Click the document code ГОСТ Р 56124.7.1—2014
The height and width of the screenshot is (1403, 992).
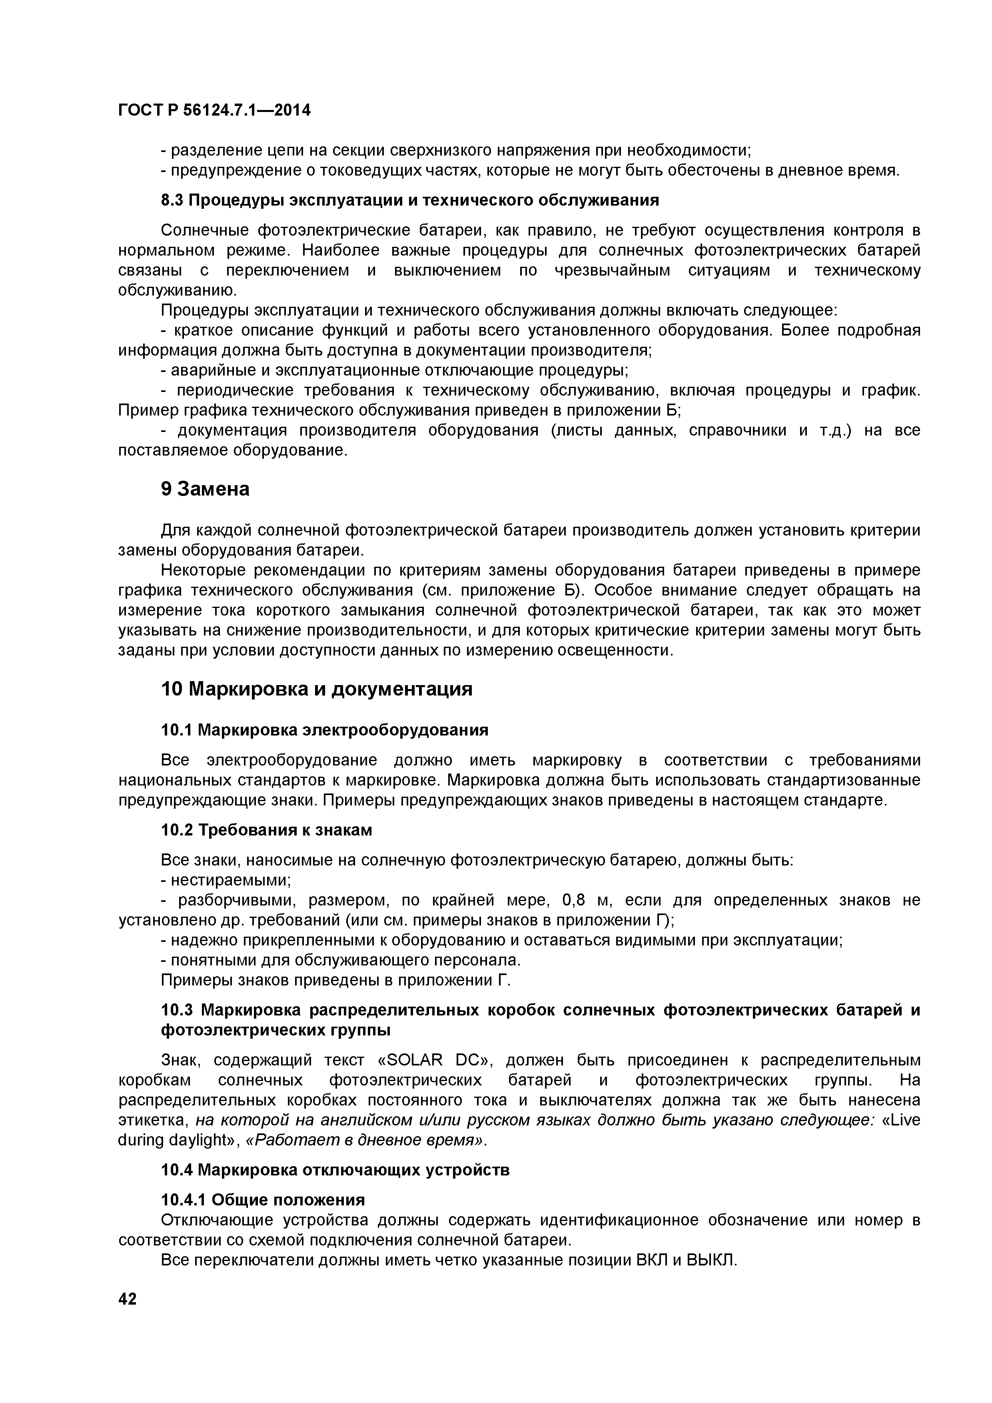click(214, 111)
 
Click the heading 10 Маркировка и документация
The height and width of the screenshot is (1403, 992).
click(316, 689)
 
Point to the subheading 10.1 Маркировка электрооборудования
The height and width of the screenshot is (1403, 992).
click(324, 730)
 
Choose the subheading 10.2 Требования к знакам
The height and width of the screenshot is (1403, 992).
click(266, 830)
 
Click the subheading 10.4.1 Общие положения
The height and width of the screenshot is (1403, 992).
click(263, 1200)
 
